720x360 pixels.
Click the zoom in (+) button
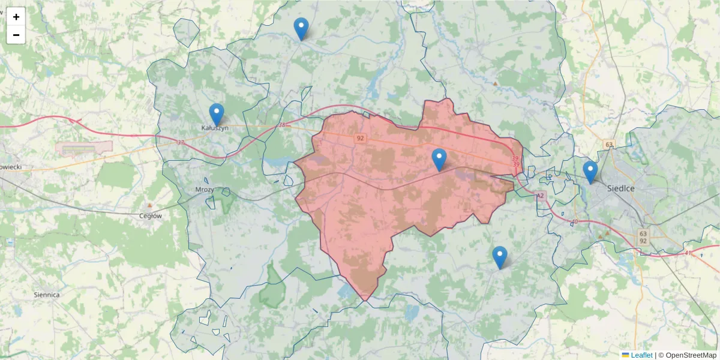[16, 17]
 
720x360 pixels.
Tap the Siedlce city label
[621, 188]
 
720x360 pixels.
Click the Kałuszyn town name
[215, 128]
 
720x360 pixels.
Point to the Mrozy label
[205, 189]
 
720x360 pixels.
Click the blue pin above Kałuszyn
[216, 113]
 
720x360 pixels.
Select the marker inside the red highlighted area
[439, 159]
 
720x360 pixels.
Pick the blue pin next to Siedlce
[590, 171]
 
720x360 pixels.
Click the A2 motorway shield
[540, 196]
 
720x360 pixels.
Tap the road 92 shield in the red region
[360, 139]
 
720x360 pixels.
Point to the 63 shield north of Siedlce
[610, 145]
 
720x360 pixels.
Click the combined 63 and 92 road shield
[643, 237]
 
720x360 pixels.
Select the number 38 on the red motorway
[282, 125]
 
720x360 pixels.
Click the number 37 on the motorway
[181, 142]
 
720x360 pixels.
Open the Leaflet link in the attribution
[641, 355]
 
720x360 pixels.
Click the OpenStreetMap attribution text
[691, 355]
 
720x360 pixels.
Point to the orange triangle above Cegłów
[149, 205]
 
